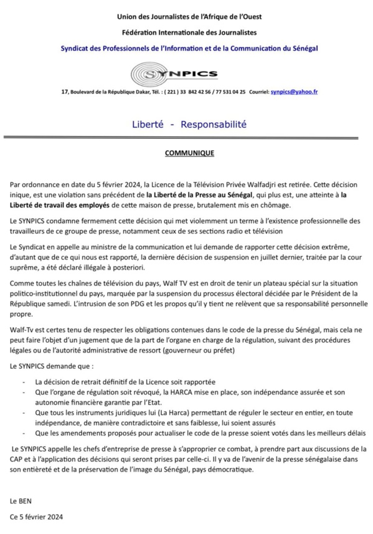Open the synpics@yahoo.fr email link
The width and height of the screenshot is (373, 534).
click(294, 92)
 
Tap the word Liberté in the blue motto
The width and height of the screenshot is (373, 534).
click(148, 125)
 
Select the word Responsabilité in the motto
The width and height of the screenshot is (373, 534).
click(213, 125)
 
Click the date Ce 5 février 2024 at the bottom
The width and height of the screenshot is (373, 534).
click(36, 517)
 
